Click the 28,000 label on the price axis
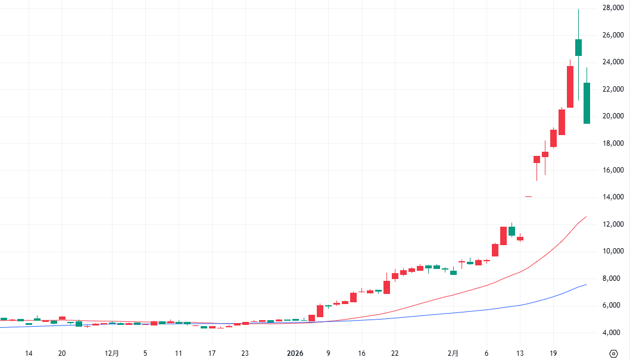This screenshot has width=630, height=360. coord(613,8)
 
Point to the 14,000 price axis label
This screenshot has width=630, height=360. coord(613,197)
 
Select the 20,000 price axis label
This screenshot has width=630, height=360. coord(613,116)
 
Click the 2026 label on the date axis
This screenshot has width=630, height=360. coord(296,353)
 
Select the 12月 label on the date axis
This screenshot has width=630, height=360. coord(112,353)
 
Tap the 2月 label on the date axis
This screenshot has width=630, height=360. coord(454,353)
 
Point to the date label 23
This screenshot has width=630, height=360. coord(245,353)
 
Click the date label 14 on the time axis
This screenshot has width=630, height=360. coord(29,353)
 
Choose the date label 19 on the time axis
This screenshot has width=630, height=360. coord(553,353)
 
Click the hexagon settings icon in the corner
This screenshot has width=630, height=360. coord(614,353)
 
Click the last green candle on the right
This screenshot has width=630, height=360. coord(587,103)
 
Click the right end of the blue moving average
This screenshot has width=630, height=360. coord(587,284)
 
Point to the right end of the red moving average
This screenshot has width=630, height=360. coord(587,217)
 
